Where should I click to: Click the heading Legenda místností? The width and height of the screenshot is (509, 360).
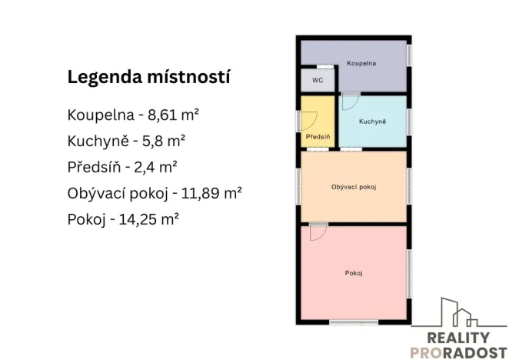(149, 78)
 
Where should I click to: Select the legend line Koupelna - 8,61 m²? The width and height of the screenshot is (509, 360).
(133, 115)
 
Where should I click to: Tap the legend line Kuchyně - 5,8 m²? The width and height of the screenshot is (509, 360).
(127, 141)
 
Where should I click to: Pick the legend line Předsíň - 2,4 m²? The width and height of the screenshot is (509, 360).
(123, 166)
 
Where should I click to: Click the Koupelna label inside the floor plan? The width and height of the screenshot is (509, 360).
(361, 63)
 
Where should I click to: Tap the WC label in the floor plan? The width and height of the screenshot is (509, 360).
(316, 79)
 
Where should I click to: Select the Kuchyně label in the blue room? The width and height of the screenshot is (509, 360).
(372, 122)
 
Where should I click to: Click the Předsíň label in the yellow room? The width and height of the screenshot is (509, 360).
(318, 136)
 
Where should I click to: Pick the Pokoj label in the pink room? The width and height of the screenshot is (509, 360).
(354, 273)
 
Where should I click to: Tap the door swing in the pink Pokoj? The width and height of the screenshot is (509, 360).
(318, 232)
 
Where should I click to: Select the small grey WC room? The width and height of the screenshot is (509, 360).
(316, 80)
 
